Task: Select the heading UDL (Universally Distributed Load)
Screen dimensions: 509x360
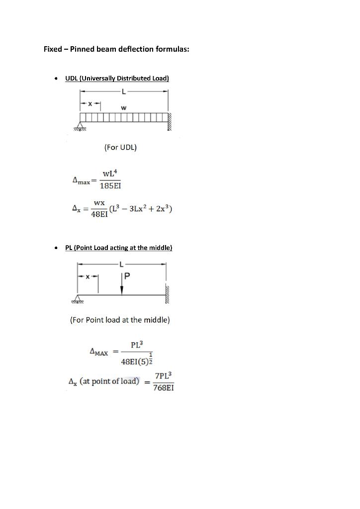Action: click(x=117, y=79)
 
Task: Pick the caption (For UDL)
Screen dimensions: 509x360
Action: click(x=120, y=147)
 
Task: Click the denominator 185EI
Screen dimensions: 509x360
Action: click(x=110, y=186)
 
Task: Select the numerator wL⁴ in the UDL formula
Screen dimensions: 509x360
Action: click(x=109, y=173)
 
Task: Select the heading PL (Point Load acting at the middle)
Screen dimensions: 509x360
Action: click(x=119, y=248)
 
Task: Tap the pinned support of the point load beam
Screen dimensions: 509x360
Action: click(x=78, y=299)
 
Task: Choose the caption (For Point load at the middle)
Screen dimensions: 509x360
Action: click(x=120, y=320)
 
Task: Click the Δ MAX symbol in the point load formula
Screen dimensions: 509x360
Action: click(x=99, y=352)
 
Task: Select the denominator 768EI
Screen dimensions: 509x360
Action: click(x=164, y=388)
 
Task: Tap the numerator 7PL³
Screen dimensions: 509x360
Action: click(x=164, y=376)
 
